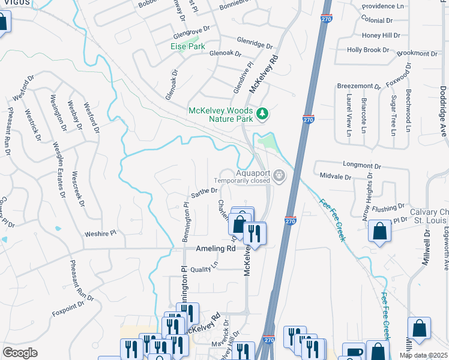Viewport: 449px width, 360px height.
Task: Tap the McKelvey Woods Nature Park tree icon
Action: point(262,113)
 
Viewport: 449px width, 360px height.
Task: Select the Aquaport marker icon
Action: point(279,175)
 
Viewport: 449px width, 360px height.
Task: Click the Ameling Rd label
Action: point(214,248)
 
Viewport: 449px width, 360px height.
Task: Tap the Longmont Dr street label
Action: point(361,164)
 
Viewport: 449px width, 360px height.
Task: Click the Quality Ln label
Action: point(204,270)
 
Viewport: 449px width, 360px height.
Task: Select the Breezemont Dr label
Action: point(358,86)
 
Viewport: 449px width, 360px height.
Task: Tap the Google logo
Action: point(20,353)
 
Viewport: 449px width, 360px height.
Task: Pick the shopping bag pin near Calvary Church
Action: point(381,231)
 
